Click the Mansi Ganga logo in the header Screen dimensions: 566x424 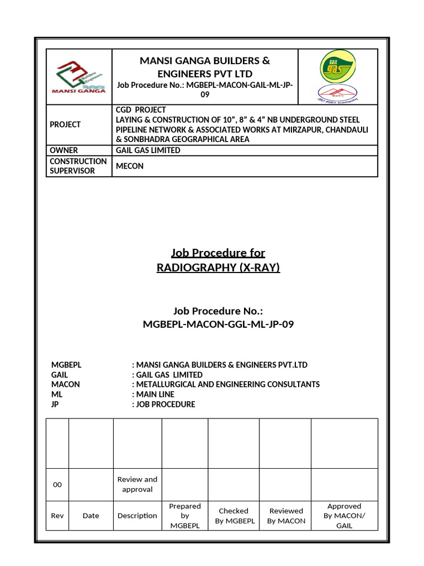(x=78, y=77)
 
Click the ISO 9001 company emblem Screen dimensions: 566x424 (x=337, y=93)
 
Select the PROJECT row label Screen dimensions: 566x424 (x=65, y=124)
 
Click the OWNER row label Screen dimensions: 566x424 (x=64, y=150)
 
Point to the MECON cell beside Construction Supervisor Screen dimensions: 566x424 (x=130, y=166)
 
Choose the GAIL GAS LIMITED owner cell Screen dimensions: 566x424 (x=148, y=150)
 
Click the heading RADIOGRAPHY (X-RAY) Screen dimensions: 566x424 (x=218, y=268)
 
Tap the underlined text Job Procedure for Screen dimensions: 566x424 (x=218, y=253)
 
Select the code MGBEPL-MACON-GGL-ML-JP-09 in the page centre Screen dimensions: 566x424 (x=218, y=324)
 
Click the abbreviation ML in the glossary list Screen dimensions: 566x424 (x=57, y=394)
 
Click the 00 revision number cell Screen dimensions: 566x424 (x=57, y=485)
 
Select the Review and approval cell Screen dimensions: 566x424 (x=137, y=484)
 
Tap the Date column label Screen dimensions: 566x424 (x=91, y=516)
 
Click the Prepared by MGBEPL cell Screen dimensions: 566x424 (x=185, y=516)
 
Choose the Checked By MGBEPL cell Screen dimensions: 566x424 (x=234, y=516)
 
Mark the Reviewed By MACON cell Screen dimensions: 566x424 (x=286, y=516)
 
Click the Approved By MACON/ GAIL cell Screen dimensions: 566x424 (x=344, y=516)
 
